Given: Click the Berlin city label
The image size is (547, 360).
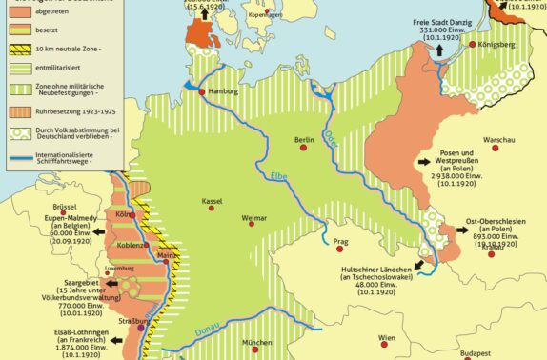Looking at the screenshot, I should [x=305, y=137].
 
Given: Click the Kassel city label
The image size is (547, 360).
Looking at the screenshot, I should [x=213, y=202].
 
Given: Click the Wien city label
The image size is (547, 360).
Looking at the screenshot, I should [x=385, y=338].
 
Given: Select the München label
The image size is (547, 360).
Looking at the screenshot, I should [x=257, y=342].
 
